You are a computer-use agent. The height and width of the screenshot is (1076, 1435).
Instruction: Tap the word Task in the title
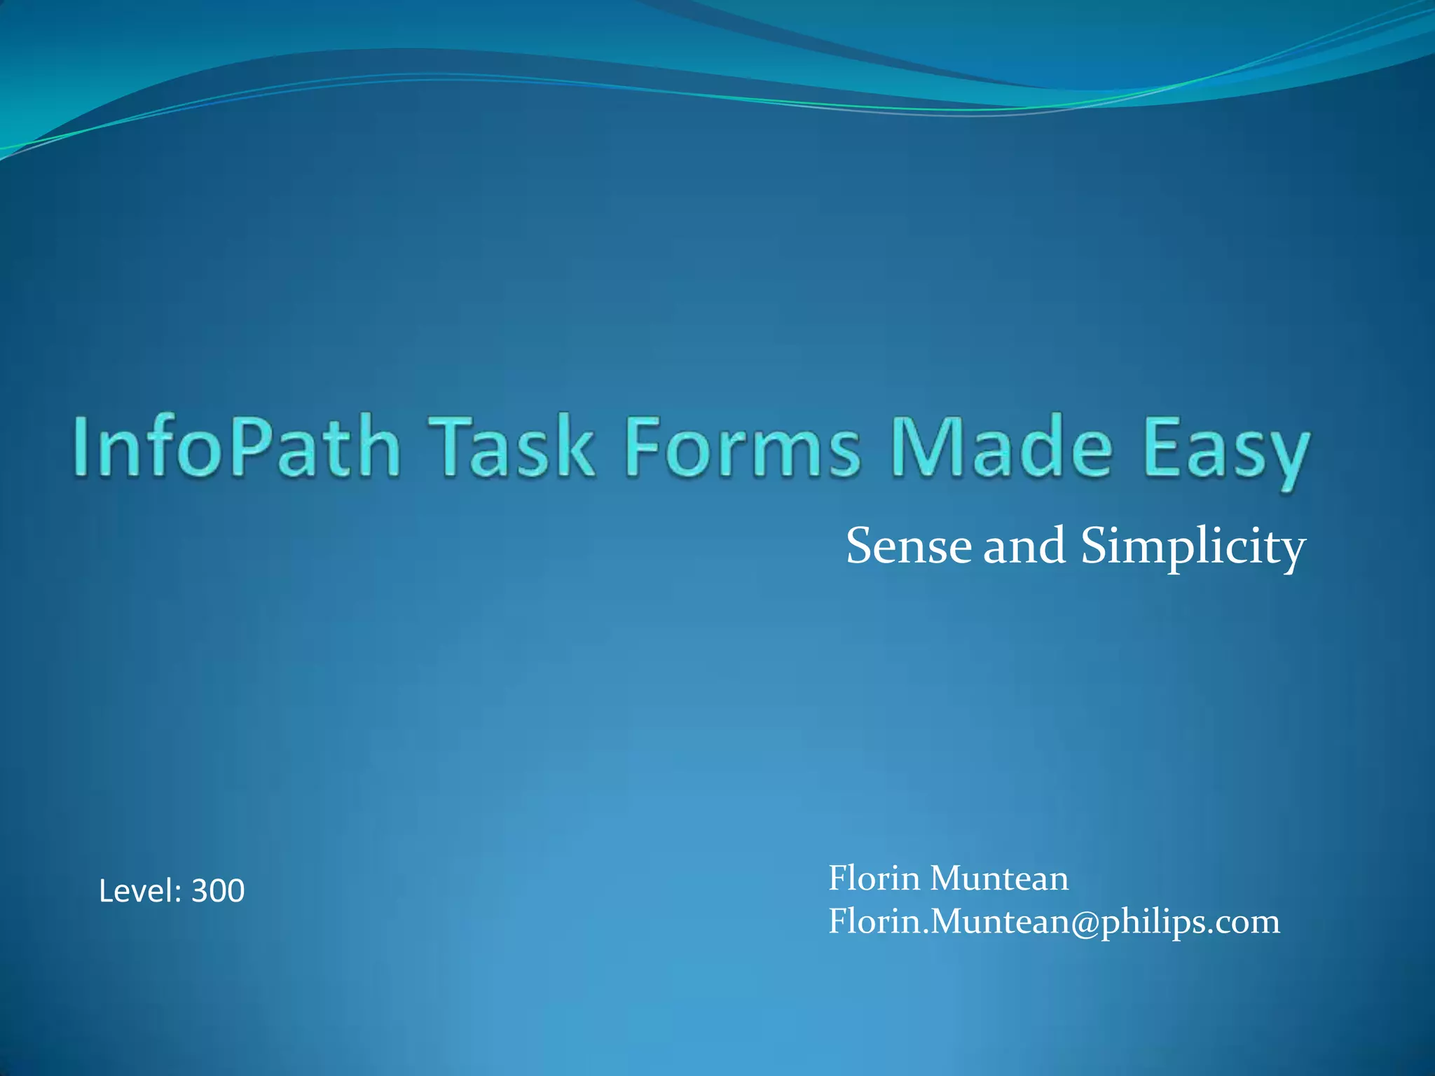click(x=512, y=447)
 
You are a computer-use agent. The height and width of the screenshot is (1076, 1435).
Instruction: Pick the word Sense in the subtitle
click(x=909, y=546)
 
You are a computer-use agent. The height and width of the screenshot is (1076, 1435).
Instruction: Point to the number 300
click(x=218, y=891)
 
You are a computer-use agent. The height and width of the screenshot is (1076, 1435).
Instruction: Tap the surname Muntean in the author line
click(x=999, y=878)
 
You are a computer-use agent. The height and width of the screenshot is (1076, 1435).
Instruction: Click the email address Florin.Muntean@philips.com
click(x=1054, y=921)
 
